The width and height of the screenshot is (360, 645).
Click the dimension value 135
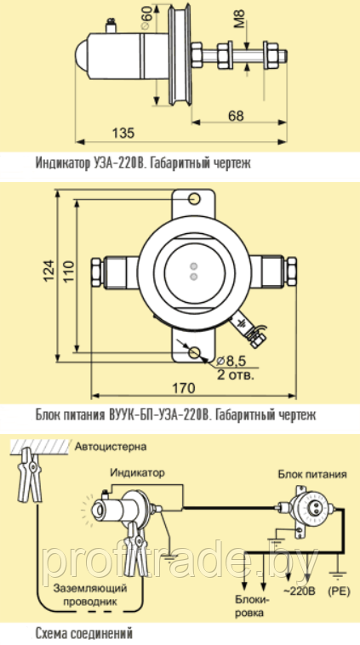[124, 134]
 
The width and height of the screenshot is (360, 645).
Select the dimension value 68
[236, 116]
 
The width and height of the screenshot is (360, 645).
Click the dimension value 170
[183, 387]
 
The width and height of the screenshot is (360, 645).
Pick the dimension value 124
[49, 271]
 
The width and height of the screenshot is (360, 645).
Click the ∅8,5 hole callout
[231, 361]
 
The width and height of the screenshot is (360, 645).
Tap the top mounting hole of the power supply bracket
[194, 199]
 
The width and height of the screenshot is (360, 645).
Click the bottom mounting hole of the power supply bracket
[194, 352]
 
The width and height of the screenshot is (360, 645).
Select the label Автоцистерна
[111, 447]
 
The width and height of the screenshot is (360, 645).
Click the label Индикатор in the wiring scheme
[137, 472]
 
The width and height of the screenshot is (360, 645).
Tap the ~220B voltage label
[298, 591]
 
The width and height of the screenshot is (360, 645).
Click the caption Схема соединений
[84, 631]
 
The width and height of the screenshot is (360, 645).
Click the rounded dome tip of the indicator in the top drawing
[83, 55]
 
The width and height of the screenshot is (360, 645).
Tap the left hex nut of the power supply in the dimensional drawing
[96, 272]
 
